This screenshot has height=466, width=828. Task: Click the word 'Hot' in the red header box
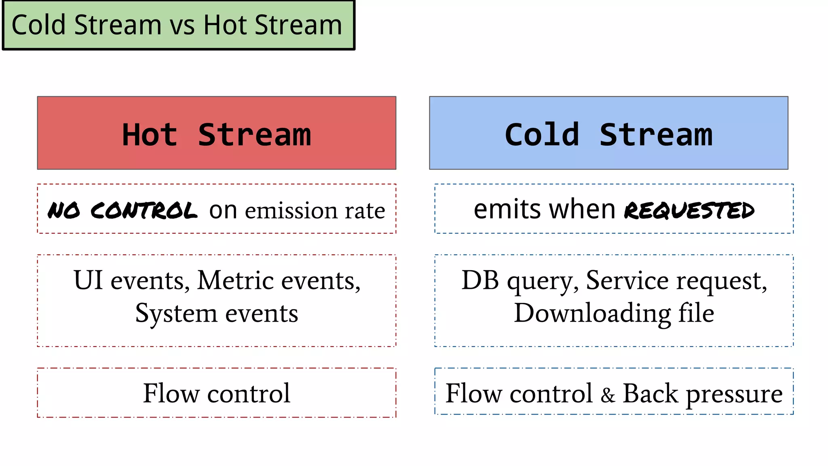pyautogui.click(x=150, y=135)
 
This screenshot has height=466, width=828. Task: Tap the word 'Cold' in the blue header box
pyautogui.click(x=542, y=135)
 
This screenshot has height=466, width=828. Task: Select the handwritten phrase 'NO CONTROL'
pyautogui.click(x=123, y=211)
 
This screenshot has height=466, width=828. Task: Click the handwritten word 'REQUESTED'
pyautogui.click(x=689, y=211)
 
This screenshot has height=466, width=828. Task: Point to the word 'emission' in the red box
pyautogui.click(x=291, y=211)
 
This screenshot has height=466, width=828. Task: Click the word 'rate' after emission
pyautogui.click(x=365, y=211)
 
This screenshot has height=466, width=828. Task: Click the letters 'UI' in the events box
pyautogui.click(x=88, y=280)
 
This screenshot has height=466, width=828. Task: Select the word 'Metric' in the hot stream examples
pyautogui.click(x=235, y=280)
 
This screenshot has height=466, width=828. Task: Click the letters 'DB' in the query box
pyautogui.click(x=480, y=280)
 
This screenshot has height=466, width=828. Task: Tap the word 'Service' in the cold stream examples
pyautogui.click(x=627, y=280)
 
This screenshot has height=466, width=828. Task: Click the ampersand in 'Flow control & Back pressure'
pyautogui.click(x=608, y=395)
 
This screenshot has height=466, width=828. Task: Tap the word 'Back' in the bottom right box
pyautogui.click(x=650, y=393)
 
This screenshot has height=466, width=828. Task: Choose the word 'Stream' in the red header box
pyautogui.click(x=255, y=135)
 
